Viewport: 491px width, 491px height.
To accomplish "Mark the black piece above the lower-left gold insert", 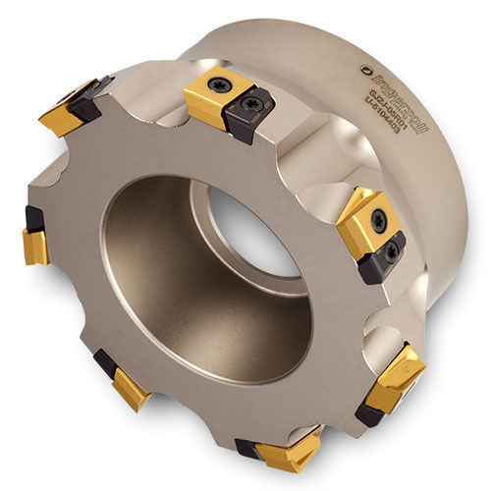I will (105, 361).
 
